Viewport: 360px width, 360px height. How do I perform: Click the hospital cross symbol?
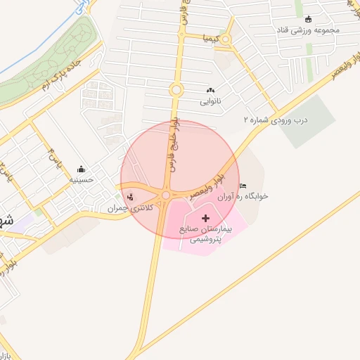[x=205, y=219]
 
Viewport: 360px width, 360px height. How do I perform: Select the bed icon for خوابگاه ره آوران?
[x=243, y=186]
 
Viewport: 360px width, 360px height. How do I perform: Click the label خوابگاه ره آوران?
[x=243, y=197]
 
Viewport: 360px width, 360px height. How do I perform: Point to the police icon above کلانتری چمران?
[x=129, y=196]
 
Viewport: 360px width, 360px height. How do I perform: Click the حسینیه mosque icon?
[x=82, y=169]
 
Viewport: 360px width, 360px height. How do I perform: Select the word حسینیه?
[x=82, y=180]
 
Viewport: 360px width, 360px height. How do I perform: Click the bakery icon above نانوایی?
[x=210, y=91]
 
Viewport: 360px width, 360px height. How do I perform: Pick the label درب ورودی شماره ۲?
[x=276, y=120]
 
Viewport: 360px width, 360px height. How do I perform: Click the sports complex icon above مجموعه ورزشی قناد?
[x=307, y=19]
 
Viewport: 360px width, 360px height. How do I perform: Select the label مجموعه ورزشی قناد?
[x=307, y=30]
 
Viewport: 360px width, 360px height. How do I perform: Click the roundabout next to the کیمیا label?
[x=225, y=39]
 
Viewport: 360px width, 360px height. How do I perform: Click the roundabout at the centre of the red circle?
[x=166, y=195]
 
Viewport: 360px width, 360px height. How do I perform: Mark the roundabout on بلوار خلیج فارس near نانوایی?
[x=176, y=89]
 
